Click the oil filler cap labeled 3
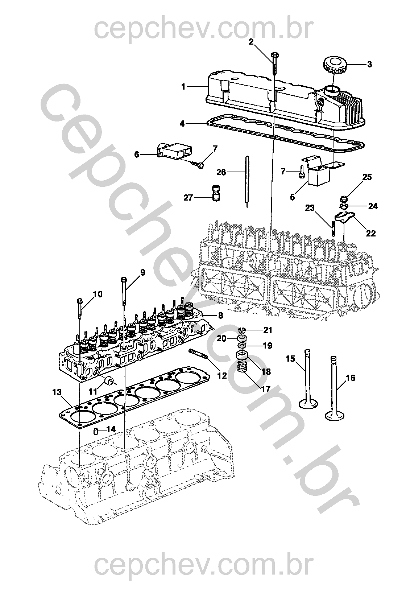(334, 66)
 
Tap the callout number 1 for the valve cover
(183, 87)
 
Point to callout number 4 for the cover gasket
(182, 124)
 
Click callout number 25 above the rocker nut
(367, 177)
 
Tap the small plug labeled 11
(108, 381)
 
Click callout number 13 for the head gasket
(57, 392)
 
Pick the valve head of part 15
(308, 403)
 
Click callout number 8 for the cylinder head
(220, 316)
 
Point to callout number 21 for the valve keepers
(267, 330)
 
